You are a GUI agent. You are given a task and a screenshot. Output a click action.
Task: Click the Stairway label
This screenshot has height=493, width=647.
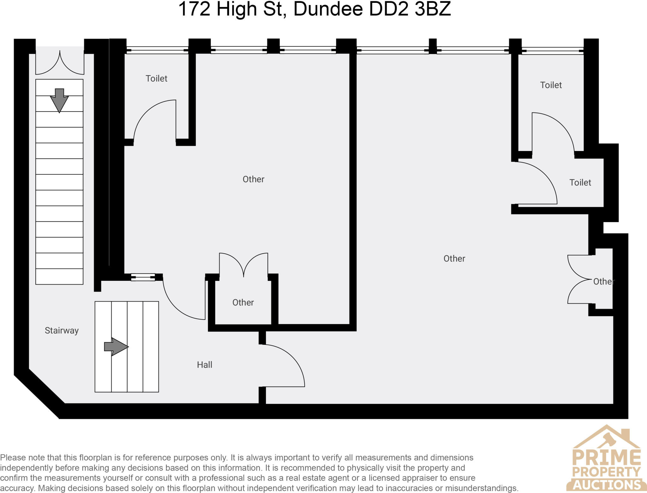pos(62,330)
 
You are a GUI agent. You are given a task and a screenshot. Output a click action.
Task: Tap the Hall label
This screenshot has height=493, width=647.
pos(204,365)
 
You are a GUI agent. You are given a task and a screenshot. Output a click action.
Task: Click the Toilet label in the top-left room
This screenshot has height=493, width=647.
pos(156,78)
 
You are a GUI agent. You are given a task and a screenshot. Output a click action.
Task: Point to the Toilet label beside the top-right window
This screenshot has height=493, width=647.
pos(551,85)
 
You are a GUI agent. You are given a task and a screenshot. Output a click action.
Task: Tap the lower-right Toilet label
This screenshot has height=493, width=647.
pos(580,183)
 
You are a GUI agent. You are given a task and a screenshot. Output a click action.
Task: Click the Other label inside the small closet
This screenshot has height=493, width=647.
pos(243,303)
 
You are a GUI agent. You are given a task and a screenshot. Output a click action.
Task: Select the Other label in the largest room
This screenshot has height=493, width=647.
pos(454,259)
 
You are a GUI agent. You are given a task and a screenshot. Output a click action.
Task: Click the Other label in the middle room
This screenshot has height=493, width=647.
pos(253,179)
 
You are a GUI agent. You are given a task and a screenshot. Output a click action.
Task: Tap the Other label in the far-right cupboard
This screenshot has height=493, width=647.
pos(603,281)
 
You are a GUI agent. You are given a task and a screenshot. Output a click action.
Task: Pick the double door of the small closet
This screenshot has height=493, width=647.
pos(244,265)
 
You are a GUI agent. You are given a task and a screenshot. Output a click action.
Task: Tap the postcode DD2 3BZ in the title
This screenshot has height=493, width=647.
pos(410,9)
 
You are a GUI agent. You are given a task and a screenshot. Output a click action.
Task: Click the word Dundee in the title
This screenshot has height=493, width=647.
pos(328,9)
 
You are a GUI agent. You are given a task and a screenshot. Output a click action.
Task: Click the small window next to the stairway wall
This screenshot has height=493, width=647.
pos(143,277)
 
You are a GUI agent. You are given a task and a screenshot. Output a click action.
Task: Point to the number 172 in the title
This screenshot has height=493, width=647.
pos(194,9)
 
